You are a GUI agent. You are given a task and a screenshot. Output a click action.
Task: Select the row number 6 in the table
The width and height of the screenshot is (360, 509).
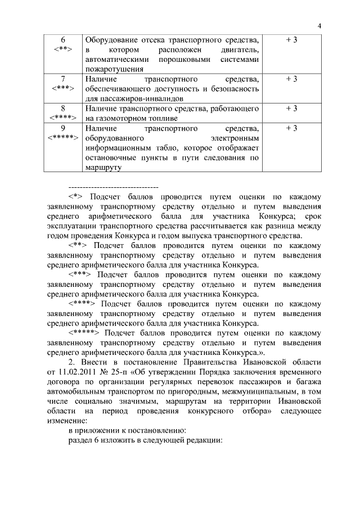[62, 40]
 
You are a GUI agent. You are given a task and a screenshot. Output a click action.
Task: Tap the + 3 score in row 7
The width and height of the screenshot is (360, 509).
[291, 79]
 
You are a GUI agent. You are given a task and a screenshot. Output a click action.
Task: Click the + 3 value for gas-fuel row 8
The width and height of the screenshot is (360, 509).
[291, 109]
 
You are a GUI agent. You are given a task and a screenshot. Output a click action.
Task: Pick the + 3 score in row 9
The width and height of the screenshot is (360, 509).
[291, 129]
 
